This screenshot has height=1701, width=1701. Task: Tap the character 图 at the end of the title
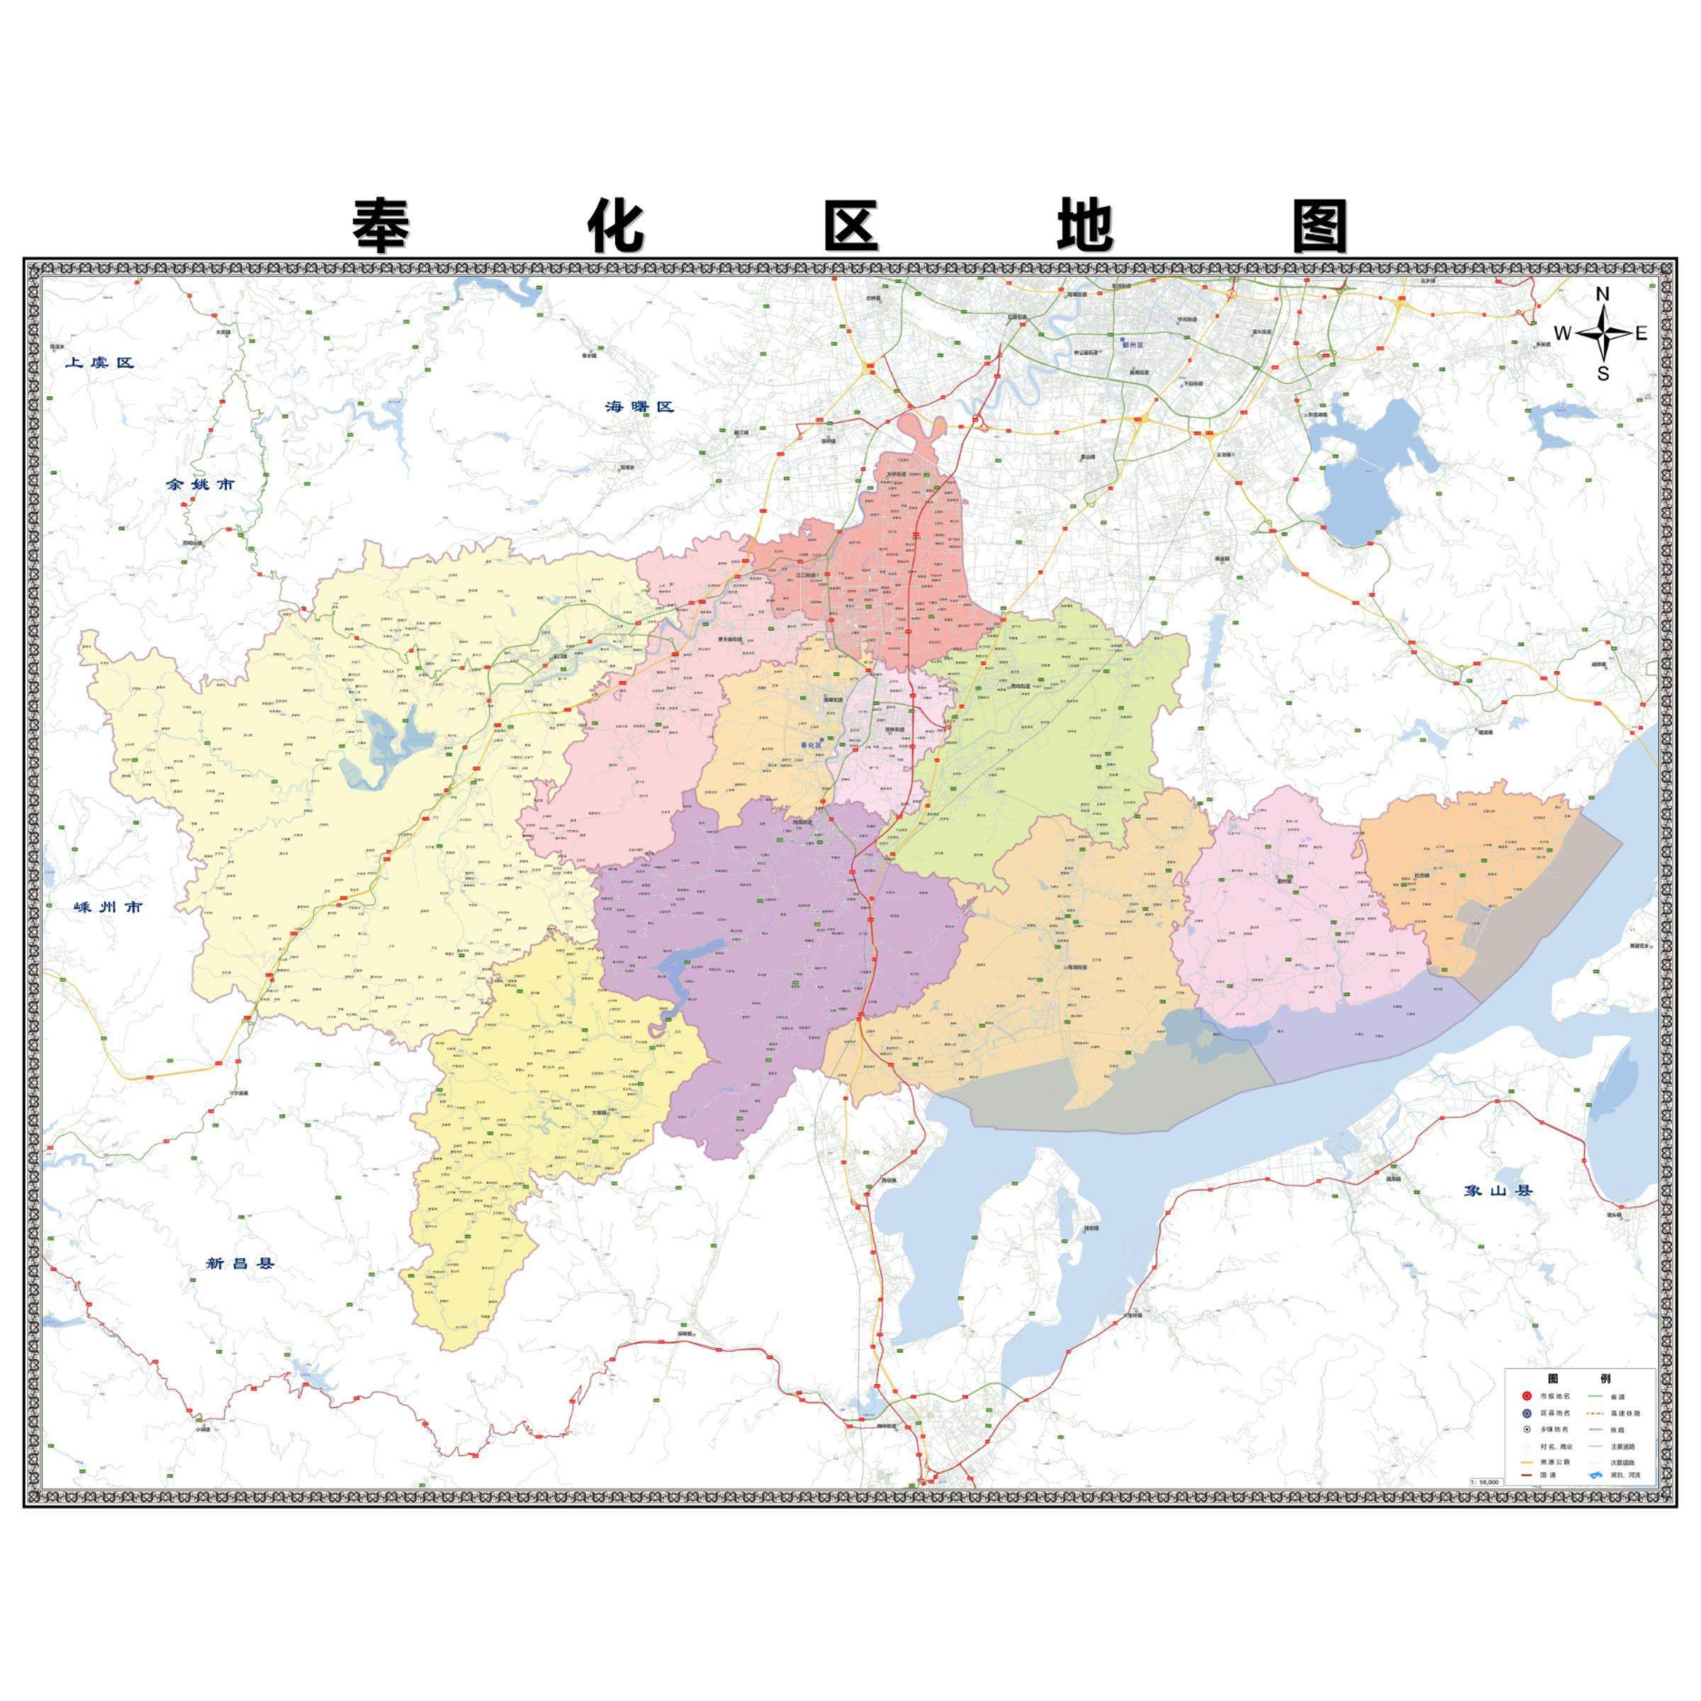click(1320, 226)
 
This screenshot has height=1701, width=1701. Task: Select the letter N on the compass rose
click(1602, 294)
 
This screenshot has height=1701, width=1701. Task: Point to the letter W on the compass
click(1562, 334)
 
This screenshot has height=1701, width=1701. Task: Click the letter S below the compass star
click(1603, 374)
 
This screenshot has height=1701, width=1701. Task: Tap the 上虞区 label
click(99, 363)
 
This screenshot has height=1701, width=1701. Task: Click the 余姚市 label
click(201, 484)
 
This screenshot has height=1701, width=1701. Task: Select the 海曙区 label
click(639, 407)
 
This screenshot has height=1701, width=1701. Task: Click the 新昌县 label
click(240, 1264)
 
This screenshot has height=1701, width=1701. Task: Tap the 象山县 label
click(1498, 1191)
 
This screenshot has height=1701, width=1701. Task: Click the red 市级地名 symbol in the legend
click(1527, 1396)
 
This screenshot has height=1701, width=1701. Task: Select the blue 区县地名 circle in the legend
click(1527, 1413)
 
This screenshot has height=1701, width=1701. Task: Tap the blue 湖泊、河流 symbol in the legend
click(1595, 1476)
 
